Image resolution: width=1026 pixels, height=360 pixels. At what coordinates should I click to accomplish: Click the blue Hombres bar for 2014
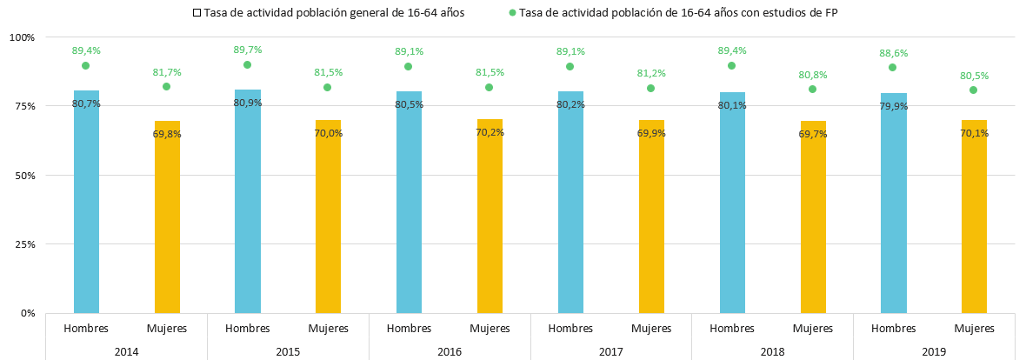pyautogui.click(x=86, y=202)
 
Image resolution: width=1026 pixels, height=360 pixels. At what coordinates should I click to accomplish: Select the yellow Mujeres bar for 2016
pyautogui.click(x=490, y=216)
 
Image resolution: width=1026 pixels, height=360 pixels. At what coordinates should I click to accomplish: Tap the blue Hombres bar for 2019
pyautogui.click(x=893, y=203)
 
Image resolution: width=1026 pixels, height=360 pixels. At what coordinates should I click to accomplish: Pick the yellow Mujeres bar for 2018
pyautogui.click(x=813, y=217)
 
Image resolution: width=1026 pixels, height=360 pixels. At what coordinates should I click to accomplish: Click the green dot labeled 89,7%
pyautogui.click(x=247, y=65)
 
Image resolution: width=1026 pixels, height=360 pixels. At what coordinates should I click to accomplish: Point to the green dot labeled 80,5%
pyautogui.click(x=974, y=90)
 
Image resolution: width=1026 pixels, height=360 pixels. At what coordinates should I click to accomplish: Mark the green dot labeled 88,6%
pyautogui.click(x=892, y=68)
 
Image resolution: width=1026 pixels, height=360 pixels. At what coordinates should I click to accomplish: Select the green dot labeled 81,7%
pyautogui.click(x=166, y=86)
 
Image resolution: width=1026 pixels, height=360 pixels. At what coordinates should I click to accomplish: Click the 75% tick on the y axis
pyautogui.click(x=24, y=106)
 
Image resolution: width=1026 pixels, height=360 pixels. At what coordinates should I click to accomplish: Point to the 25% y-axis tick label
pyautogui.click(x=24, y=244)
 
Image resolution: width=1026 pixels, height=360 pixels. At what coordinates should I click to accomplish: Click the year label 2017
pyautogui.click(x=610, y=351)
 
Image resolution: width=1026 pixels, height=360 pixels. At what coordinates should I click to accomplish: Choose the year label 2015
pyautogui.click(x=288, y=351)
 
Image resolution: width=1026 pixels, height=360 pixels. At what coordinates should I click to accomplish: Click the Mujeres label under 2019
pyautogui.click(x=974, y=328)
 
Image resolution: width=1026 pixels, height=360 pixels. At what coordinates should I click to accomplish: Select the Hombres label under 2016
pyautogui.click(x=409, y=328)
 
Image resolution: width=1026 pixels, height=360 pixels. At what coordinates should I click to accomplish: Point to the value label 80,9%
pyautogui.click(x=248, y=102)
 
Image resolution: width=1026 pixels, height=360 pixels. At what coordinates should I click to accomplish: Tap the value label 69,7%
pyautogui.click(x=813, y=134)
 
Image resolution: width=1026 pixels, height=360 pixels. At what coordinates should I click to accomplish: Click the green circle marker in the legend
pyautogui.click(x=511, y=12)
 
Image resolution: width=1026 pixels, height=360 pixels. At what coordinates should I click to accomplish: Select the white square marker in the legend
pyautogui.click(x=197, y=12)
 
